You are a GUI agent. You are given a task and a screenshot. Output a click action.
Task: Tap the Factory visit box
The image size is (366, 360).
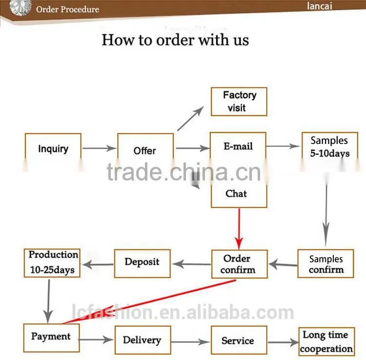point(239,101)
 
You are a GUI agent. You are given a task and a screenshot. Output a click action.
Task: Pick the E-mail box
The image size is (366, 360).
point(238,146)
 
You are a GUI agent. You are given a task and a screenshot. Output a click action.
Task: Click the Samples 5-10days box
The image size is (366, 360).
point(329,146)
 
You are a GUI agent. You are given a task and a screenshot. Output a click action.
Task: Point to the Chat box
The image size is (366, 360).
point(239,194)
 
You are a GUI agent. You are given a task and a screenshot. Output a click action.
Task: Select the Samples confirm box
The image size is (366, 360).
point(325,263)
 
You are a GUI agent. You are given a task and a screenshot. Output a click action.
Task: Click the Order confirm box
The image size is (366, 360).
point(239,264)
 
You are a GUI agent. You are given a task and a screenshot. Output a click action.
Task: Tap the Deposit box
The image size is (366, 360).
point(142,263)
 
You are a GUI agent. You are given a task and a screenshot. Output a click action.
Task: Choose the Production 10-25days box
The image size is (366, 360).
point(52,263)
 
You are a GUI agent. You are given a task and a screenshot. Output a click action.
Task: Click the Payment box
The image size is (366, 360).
point(51,338)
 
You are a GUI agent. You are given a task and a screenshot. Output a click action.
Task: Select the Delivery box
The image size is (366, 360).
point(143,340)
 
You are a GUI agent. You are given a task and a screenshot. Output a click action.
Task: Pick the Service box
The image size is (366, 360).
point(239,340)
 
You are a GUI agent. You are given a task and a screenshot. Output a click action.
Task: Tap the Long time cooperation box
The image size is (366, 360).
point(326,341)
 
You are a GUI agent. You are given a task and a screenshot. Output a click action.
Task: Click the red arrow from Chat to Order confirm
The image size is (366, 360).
point(239,229)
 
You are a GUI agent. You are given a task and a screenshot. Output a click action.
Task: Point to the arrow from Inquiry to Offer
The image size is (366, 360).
point(99,148)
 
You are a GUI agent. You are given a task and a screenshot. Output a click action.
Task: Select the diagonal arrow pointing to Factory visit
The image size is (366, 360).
point(190,119)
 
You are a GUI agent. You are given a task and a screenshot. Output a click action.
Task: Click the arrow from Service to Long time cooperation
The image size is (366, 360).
point(283,342)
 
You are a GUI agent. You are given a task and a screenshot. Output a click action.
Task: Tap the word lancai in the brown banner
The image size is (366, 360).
point(319,6)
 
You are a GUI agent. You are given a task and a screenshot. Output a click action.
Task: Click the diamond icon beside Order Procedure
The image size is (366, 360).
point(20,7)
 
